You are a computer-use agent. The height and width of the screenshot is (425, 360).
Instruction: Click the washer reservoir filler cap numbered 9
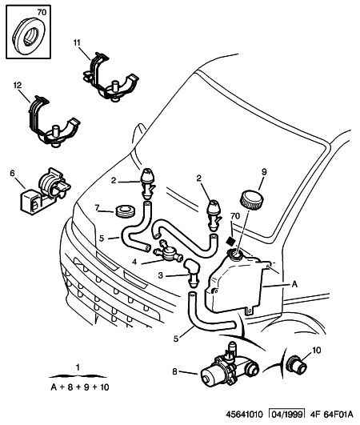pyautogui.click(x=252, y=200)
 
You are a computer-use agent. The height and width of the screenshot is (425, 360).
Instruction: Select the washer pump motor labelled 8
pyautogui.click(x=230, y=366)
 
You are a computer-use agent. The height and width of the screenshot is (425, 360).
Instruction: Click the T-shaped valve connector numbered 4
pyautogui.click(x=168, y=251)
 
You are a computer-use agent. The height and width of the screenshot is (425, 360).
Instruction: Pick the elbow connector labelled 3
pyautogui.click(x=192, y=272)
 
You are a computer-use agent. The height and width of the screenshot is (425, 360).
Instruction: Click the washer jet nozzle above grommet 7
pyautogui.click(x=147, y=183)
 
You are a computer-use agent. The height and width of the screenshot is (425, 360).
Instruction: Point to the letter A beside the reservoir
pyautogui.click(x=294, y=284)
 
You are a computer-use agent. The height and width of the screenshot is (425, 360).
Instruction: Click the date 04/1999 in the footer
pyautogui.click(x=287, y=414)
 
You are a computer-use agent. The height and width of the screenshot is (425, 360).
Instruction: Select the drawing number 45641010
pyautogui.click(x=245, y=415)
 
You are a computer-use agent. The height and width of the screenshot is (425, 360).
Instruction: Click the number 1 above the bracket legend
pyautogui.click(x=78, y=367)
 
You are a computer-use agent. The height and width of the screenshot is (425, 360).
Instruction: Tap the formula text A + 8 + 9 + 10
pyautogui.click(x=80, y=387)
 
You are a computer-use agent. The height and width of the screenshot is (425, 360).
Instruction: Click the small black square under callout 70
pyautogui.click(x=230, y=241)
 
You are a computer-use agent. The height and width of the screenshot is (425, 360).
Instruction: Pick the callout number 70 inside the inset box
pyautogui.click(x=42, y=12)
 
